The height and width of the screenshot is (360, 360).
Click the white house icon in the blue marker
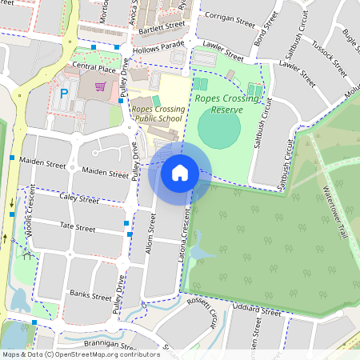pyautogui.click(x=180, y=172)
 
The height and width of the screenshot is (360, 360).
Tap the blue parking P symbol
pyautogui.click(x=64, y=94)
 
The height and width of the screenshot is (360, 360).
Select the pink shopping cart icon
pyautogui.click(x=101, y=86)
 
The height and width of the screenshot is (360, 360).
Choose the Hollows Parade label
pyautogui.click(x=159, y=49)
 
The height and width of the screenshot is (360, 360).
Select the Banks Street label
pyautogui.click(x=90, y=295)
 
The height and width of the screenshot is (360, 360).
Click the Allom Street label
pyautogui.click(x=151, y=237)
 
